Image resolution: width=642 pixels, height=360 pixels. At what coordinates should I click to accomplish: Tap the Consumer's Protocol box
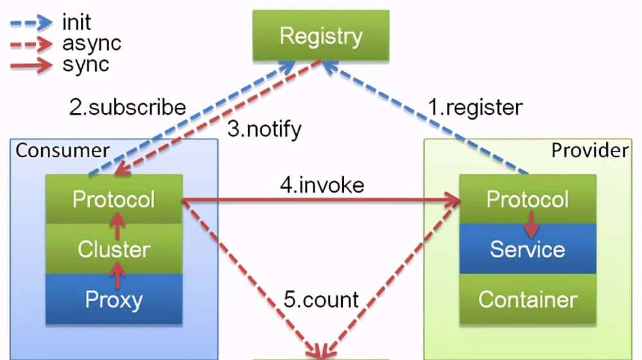click(114, 199)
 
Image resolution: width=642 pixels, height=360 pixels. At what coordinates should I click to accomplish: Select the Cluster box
click(114, 249)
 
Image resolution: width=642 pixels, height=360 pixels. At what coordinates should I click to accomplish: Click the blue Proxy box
click(114, 298)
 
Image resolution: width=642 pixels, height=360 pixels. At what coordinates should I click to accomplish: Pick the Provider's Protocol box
click(528, 199)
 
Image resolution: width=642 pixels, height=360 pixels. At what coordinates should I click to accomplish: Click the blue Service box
click(528, 249)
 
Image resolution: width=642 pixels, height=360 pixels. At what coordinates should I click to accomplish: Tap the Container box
click(528, 298)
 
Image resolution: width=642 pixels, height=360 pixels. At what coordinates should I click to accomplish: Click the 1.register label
click(476, 107)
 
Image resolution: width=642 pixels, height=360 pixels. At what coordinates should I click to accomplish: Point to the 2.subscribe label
click(127, 107)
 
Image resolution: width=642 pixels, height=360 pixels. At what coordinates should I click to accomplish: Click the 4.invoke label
click(322, 185)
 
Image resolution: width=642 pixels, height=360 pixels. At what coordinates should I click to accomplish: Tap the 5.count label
click(322, 299)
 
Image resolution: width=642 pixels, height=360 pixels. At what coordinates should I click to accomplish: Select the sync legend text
click(85, 64)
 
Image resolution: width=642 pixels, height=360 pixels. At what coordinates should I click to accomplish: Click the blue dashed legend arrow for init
click(31, 23)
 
